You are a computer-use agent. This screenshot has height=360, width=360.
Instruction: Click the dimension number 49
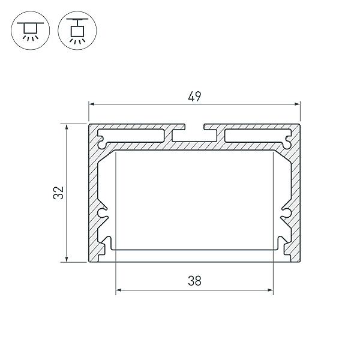tap(194, 97)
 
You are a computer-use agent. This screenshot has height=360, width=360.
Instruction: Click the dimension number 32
tap(58, 193)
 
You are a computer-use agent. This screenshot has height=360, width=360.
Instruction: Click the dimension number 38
tap(194, 281)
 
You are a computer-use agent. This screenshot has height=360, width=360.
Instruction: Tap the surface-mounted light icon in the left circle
tap(31, 31)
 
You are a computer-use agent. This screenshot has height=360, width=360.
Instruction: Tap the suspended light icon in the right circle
tap(77, 31)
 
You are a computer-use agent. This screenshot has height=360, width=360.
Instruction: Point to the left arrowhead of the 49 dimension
tap(92, 104)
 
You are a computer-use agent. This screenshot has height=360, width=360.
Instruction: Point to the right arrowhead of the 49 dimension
tap(298, 104)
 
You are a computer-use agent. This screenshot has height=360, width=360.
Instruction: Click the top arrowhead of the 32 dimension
tap(67, 127)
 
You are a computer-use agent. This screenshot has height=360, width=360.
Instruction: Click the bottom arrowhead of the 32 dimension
tap(67, 259)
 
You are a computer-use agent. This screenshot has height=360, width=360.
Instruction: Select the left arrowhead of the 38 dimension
tap(118, 290)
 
